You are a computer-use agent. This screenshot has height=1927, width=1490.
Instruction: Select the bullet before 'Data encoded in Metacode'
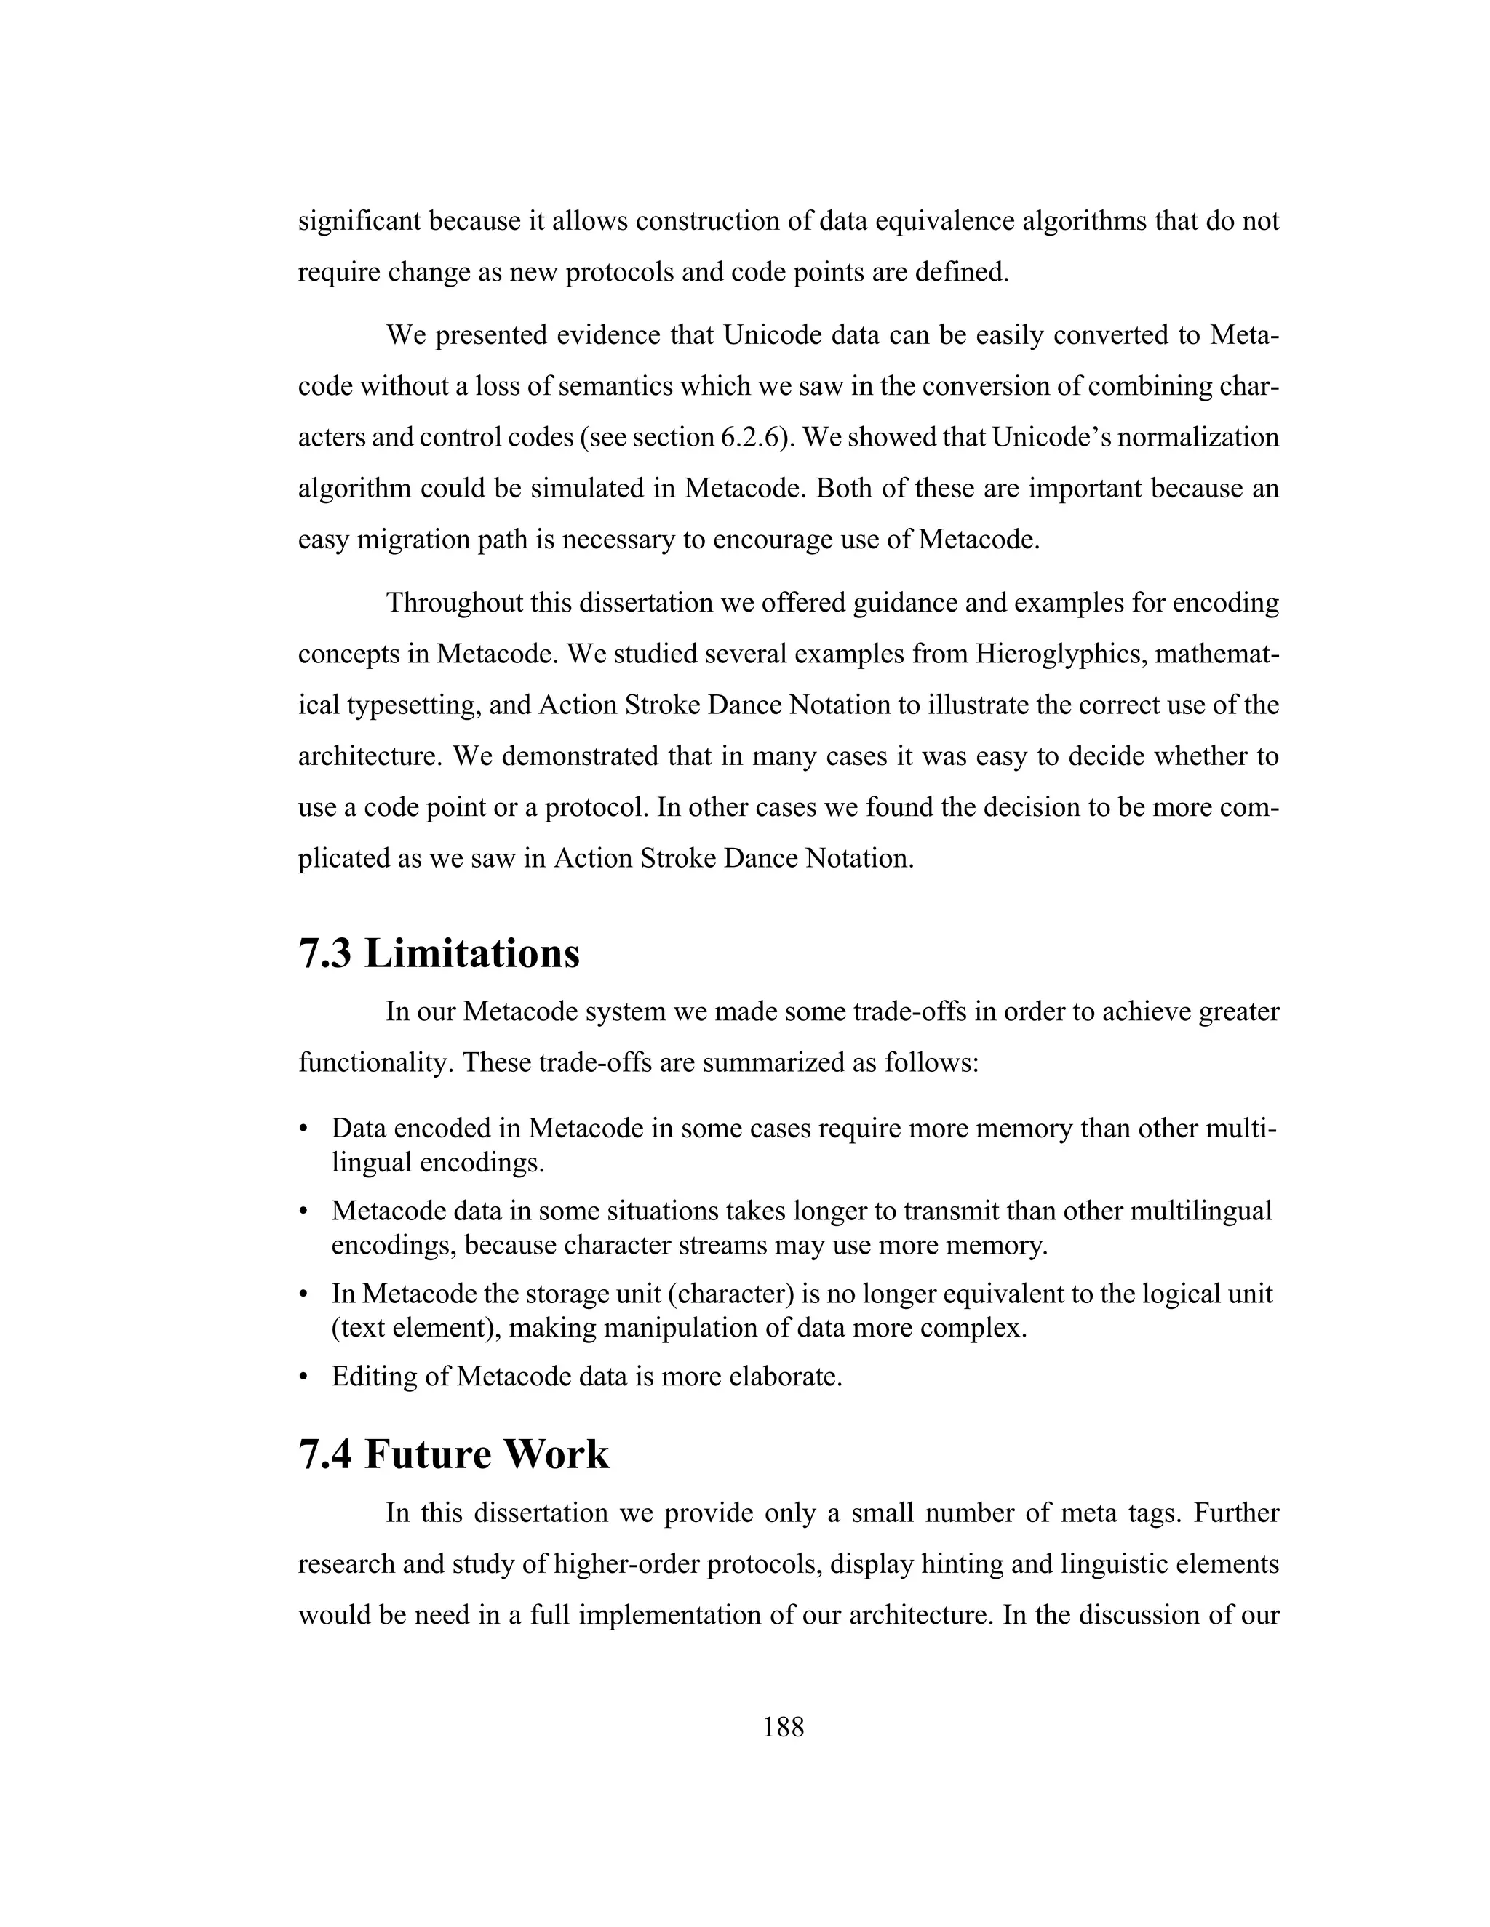point(303,1129)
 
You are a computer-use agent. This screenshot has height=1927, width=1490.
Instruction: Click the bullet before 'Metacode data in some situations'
point(303,1212)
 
